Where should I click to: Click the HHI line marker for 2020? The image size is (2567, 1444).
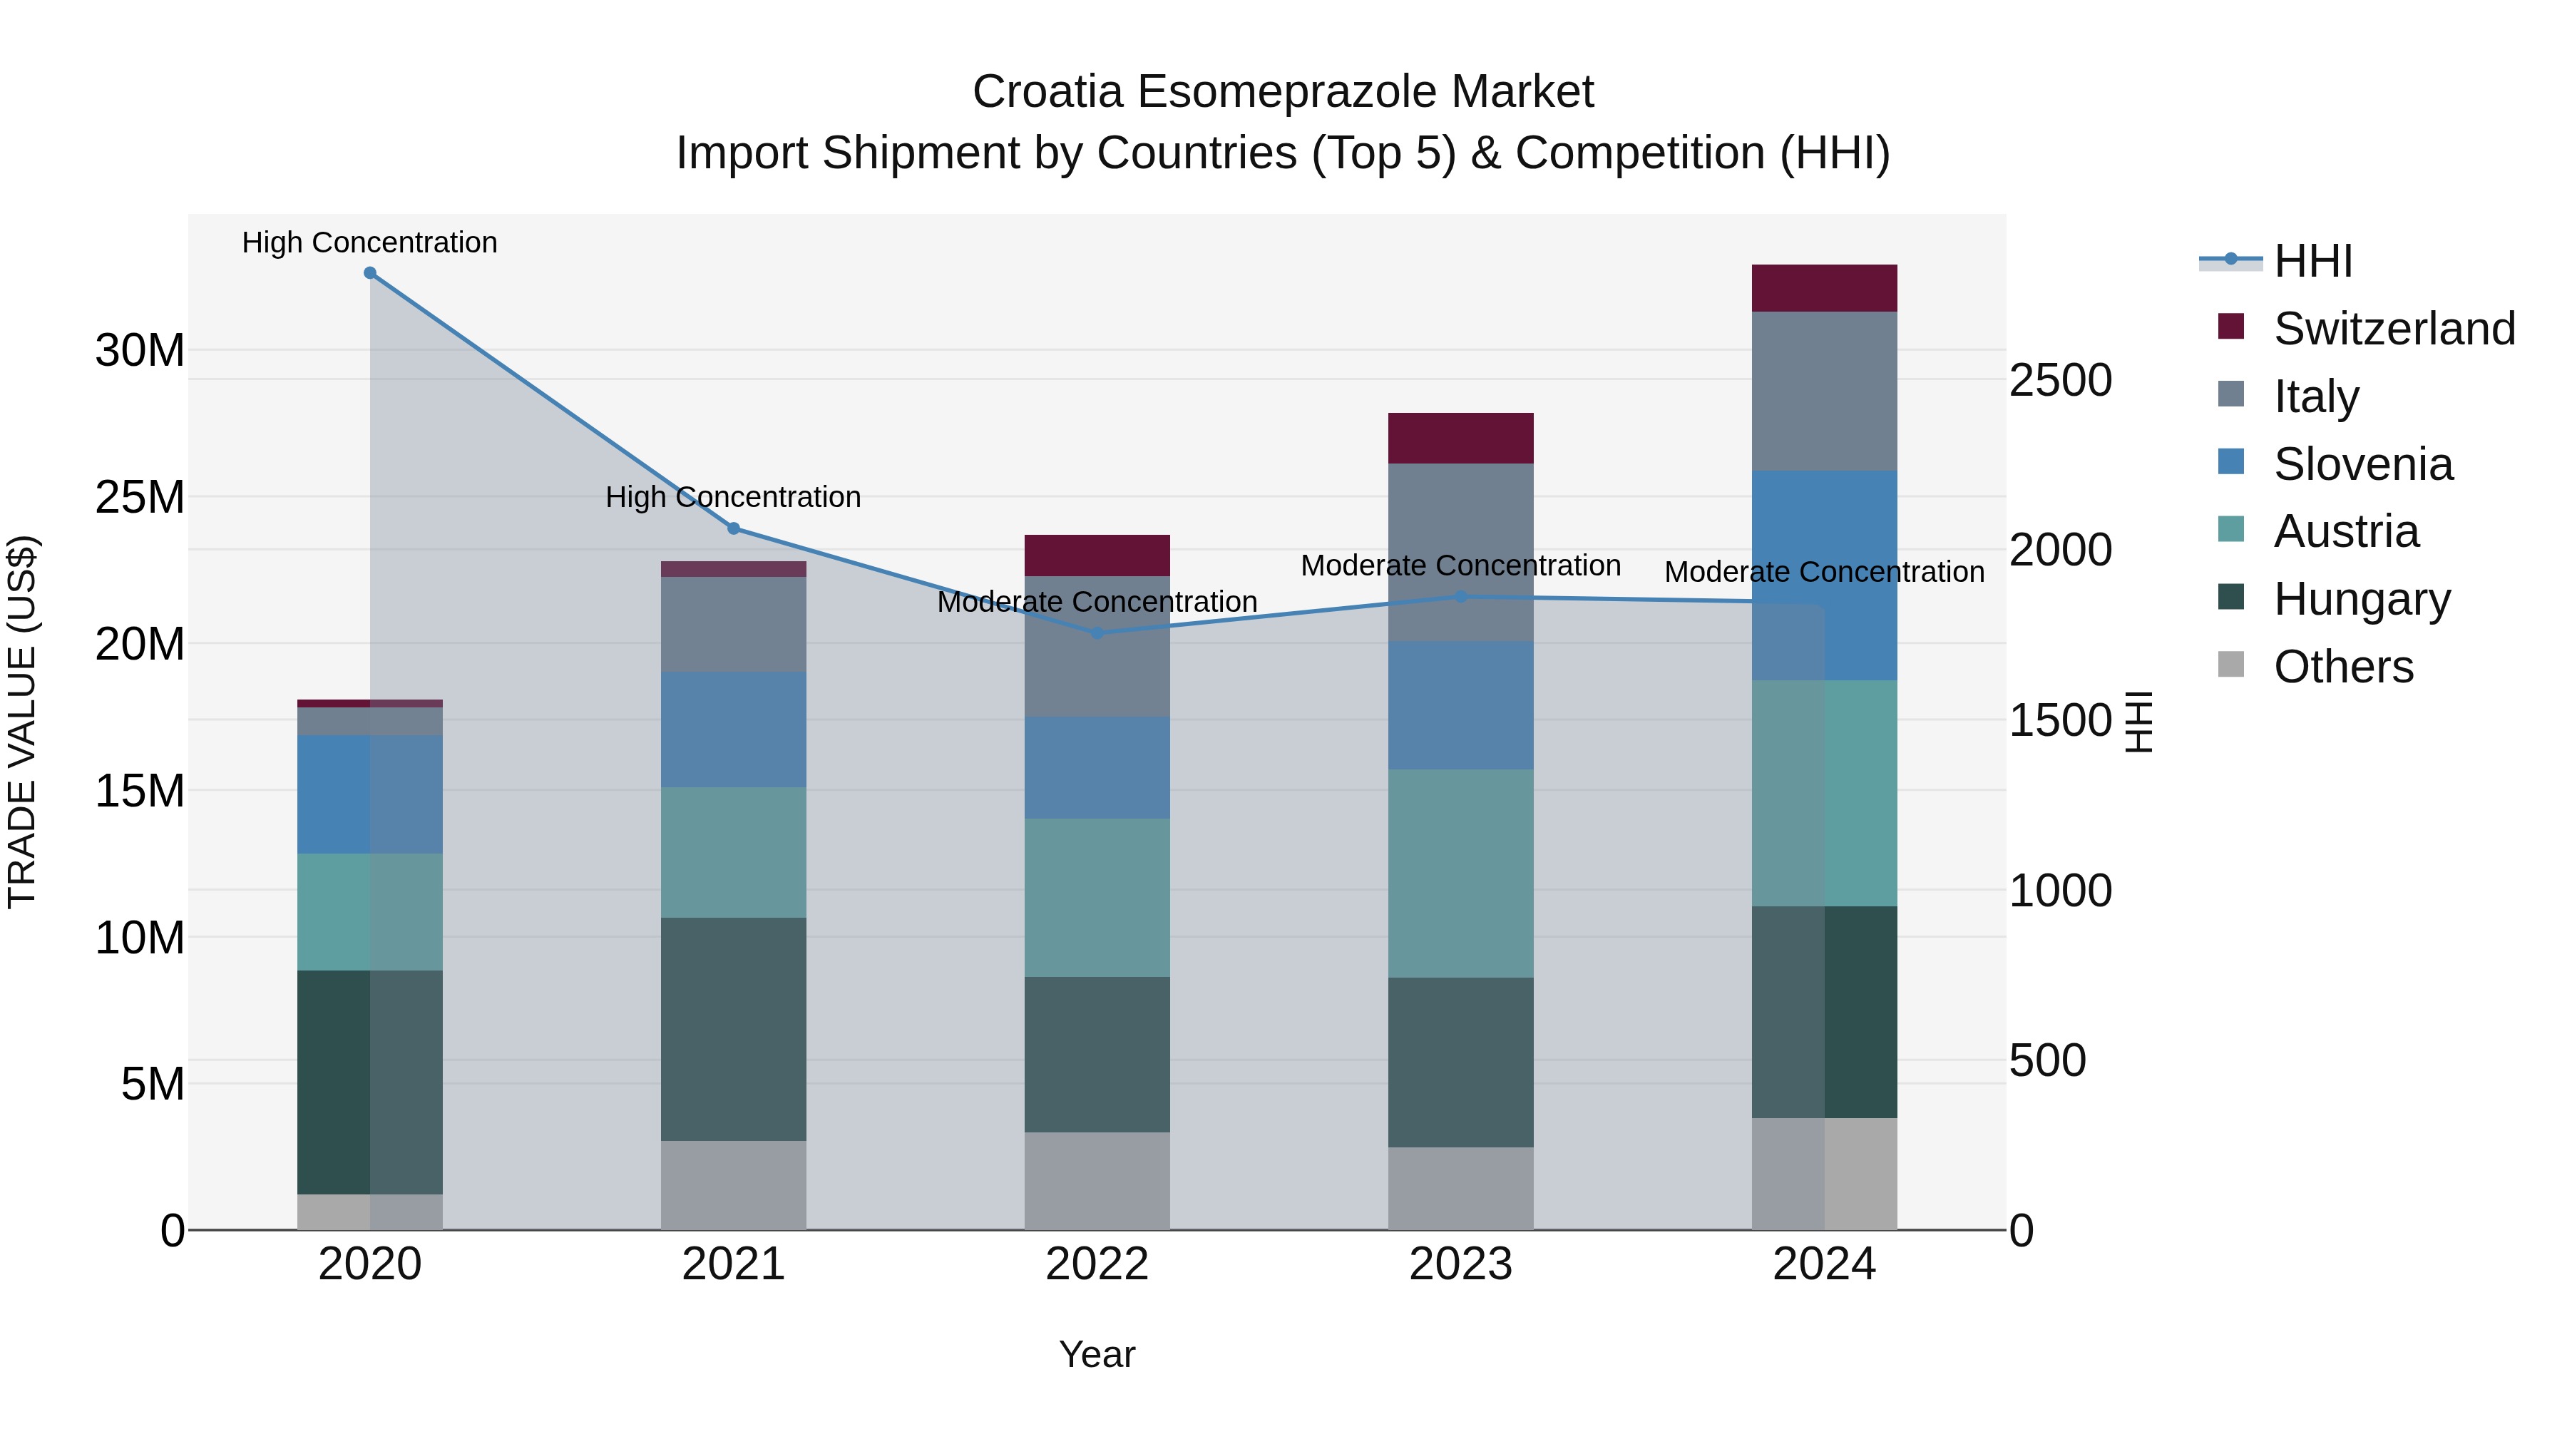click(x=369, y=273)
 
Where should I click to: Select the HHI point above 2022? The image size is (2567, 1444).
click(x=1097, y=633)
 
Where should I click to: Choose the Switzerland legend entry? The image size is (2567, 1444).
click(x=2394, y=329)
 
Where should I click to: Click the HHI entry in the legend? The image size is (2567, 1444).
click(x=2312, y=261)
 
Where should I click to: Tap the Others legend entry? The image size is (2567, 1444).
click(x=2343, y=667)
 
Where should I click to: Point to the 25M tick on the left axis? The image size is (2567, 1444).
click(x=140, y=497)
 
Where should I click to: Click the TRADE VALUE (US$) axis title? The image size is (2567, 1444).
click(x=22, y=722)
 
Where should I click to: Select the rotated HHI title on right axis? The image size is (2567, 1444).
click(x=2138, y=722)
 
